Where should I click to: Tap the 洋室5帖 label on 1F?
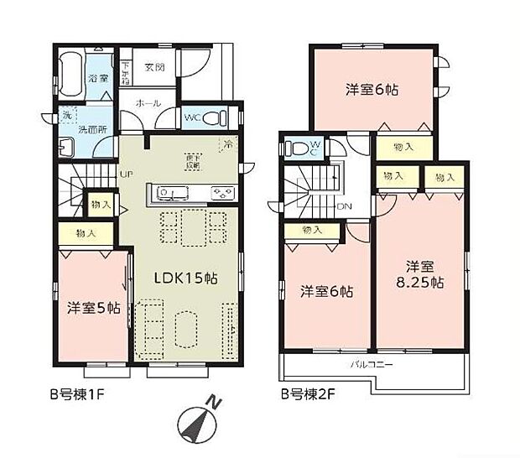pyautogui.click(x=93, y=307)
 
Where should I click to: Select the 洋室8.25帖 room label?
pyautogui.click(x=419, y=274)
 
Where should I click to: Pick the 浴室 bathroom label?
pyautogui.click(x=98, y=78)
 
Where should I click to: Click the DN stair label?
pyautogui.click(x=343, y=206)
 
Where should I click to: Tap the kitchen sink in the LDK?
pyautogui.click(x=170, y=194)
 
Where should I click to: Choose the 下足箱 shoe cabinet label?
pyautogui.click(x=127, y=73)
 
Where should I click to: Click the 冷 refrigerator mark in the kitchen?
pyautogui.click(x=227, y=143)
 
